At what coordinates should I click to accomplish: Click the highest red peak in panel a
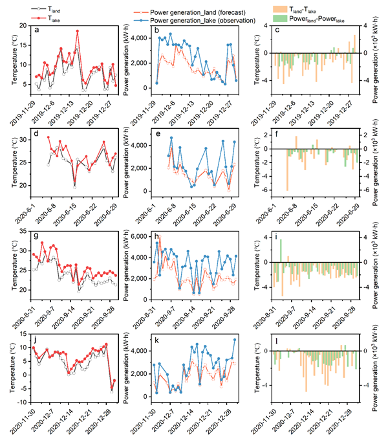click(x=77, y=31)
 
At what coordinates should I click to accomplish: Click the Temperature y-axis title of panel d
click(x=15, y=162)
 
